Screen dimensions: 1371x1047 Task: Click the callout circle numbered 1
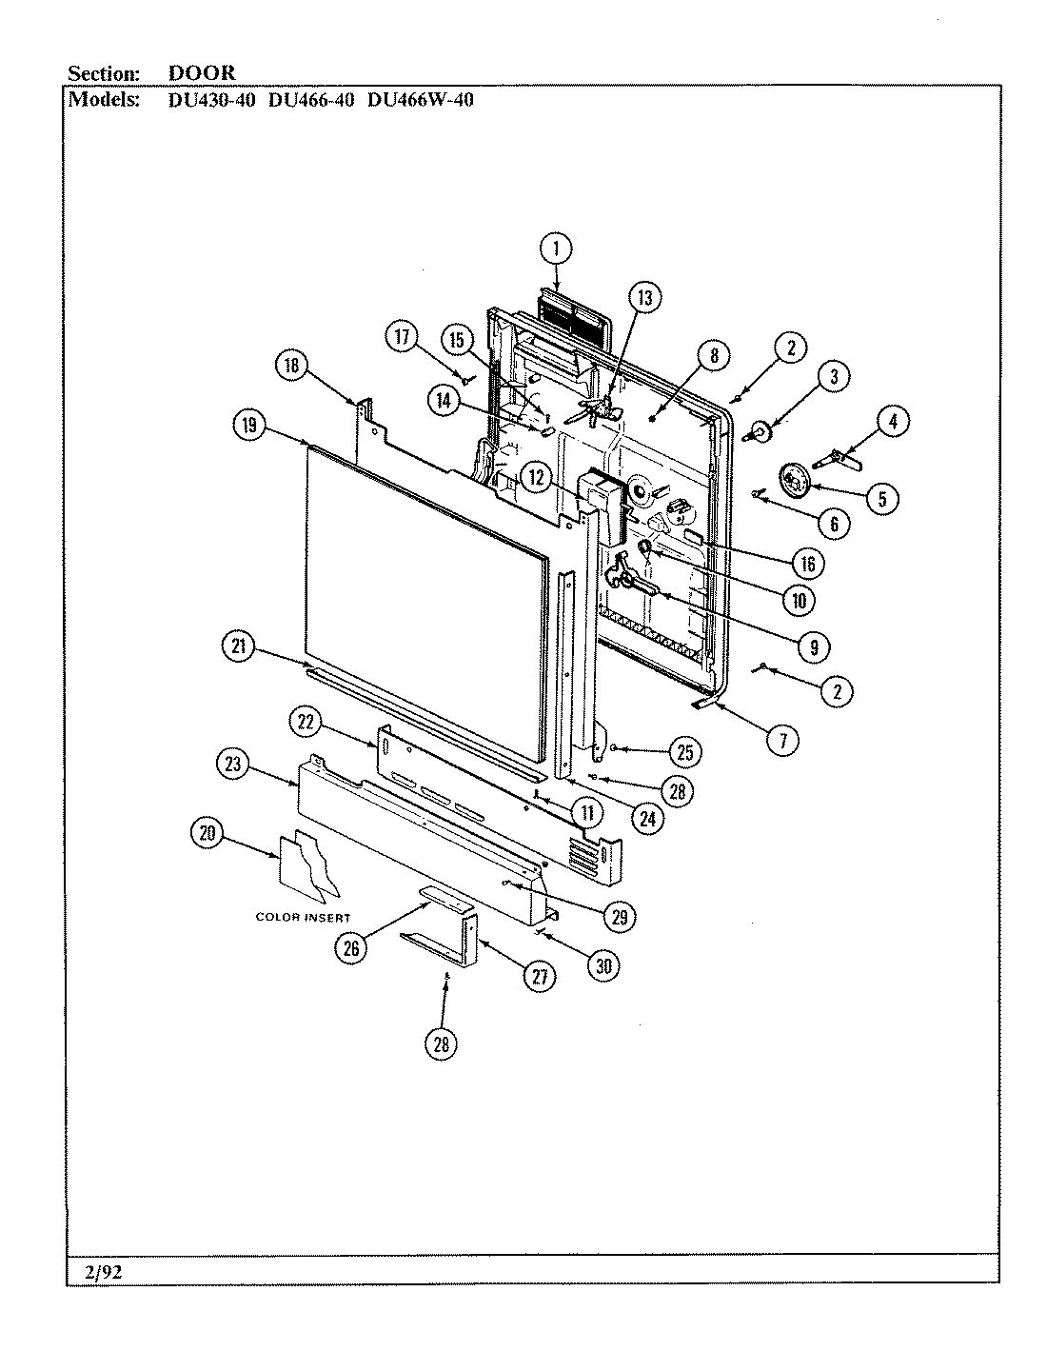[557, 249]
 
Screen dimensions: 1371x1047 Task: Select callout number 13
[644, 298]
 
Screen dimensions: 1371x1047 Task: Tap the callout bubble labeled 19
[249, 427]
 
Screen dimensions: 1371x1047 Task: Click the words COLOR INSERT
[303, 917]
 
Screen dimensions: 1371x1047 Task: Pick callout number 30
[601, 964]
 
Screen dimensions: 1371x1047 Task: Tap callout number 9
[811, 646]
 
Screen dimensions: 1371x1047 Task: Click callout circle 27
[539, 977]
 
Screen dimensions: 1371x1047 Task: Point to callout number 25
[683, 752]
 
